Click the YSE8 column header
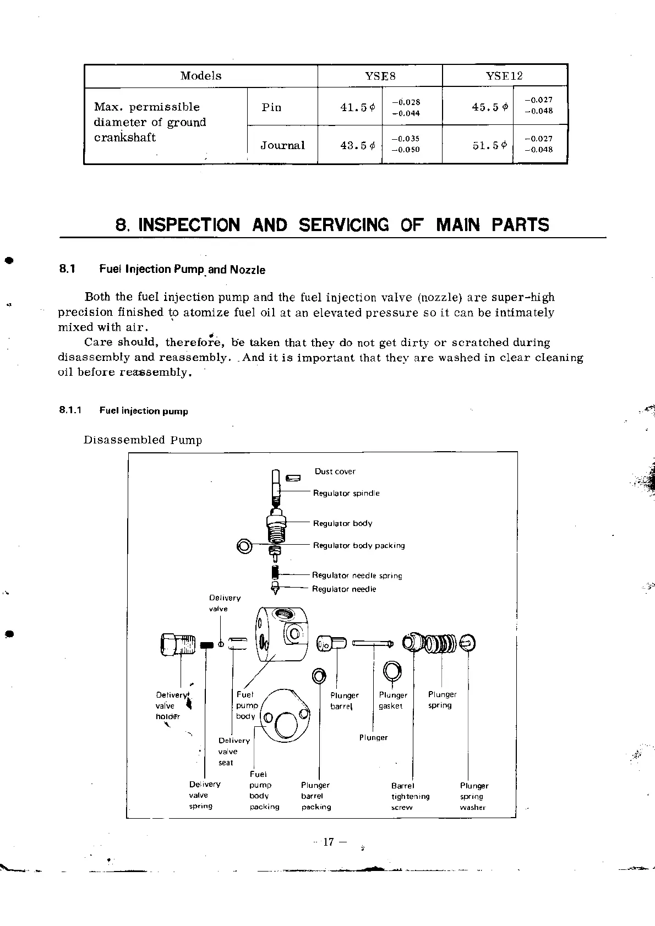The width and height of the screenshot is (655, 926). point(380,76)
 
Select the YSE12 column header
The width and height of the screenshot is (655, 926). point(504,76)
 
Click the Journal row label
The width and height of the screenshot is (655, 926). point(282,146)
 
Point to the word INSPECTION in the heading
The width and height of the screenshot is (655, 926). point(189,225)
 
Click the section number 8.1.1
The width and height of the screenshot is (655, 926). point(70,411)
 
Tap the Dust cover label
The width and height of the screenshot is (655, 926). point(335,472)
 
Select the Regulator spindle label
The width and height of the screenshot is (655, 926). point(346,494)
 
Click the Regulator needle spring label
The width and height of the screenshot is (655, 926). point(357,576)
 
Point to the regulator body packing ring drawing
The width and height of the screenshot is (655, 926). point(244,546)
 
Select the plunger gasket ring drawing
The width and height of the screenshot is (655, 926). point(392,671)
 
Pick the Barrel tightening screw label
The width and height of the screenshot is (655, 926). point(410,796)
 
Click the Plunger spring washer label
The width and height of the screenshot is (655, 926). point(474,796)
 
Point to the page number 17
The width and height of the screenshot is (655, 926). point(329,842)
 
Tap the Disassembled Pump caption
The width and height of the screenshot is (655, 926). point(143,440)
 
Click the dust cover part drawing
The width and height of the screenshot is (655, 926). point(293,477)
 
